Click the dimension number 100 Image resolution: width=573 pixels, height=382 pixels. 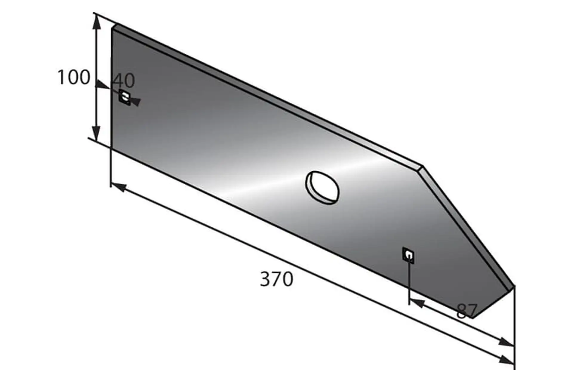pos(73,77)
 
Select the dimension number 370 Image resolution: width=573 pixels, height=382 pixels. pos(277,279)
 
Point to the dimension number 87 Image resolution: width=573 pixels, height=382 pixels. pos(467,311)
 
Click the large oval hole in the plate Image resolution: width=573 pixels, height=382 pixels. pos(322,188)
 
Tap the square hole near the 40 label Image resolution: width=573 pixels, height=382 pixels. pos(124,97)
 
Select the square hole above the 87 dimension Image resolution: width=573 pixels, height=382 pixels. pos(408,255)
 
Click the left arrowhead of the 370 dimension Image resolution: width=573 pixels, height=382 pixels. pos(118,188)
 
